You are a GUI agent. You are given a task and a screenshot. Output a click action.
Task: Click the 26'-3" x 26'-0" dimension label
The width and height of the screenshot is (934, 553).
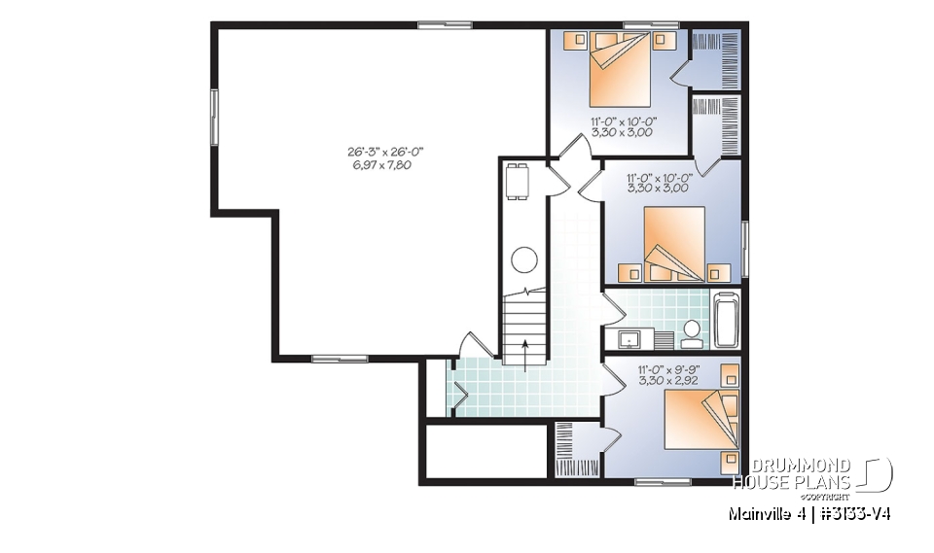click(386, 152)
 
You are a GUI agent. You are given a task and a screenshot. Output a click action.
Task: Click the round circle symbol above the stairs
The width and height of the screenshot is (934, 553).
click(524, 260)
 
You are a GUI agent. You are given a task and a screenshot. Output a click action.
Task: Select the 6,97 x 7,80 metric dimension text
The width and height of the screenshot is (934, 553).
click(386, 165)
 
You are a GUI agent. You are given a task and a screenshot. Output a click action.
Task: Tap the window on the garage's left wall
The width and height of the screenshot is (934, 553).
click(213, 117)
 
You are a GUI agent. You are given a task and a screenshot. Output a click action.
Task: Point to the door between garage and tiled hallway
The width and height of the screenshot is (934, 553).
click(474, 346)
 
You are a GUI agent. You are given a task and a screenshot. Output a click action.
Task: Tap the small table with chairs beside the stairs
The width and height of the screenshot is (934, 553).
click(517, 181)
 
